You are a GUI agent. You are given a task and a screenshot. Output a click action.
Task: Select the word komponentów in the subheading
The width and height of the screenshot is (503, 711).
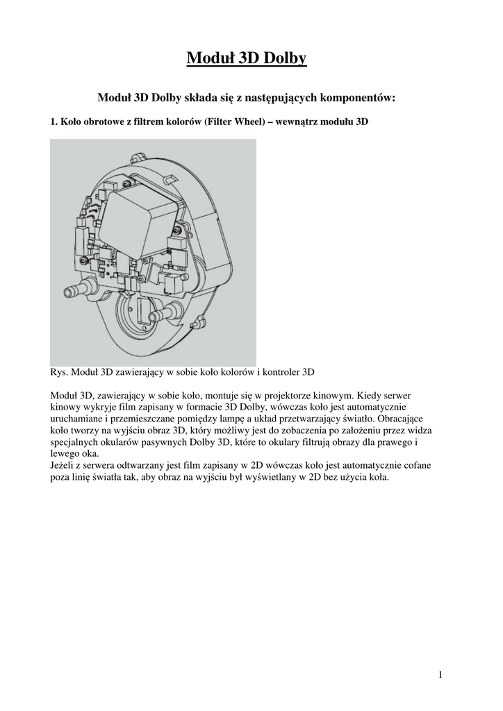point(356,98)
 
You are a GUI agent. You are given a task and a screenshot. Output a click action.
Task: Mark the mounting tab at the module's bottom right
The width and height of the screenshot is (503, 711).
point(201,321)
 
